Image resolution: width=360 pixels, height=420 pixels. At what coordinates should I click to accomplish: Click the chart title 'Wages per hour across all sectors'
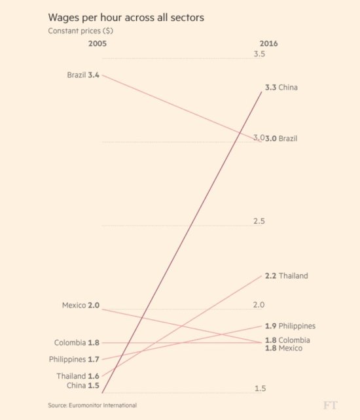126,17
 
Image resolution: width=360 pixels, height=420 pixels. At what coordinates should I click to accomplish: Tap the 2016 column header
268,44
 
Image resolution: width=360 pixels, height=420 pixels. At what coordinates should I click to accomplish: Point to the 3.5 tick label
259,54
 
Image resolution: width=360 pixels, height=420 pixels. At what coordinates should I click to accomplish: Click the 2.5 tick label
259,222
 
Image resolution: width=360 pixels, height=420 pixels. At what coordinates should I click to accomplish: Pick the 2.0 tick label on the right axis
259,305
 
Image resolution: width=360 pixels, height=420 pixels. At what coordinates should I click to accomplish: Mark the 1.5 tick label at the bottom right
260,389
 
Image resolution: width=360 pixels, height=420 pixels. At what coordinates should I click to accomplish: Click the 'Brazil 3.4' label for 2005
83,75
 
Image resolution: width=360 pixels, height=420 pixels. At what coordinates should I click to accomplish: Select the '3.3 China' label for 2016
281,87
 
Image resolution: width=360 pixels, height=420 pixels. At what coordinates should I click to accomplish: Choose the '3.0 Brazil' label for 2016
281,139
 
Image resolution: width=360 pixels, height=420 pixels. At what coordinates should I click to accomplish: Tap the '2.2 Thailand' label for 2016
286,276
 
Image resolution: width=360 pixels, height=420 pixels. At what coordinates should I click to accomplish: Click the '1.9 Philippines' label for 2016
290,326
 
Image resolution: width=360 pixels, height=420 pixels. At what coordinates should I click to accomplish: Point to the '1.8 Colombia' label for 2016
287,340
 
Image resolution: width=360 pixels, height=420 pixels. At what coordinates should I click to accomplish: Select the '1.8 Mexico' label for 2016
283,349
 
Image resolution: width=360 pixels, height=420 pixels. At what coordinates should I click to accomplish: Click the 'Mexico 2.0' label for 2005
81,306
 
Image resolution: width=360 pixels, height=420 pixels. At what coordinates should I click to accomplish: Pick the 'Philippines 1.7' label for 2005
74,359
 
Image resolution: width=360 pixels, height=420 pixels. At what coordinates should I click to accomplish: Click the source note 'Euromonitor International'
92,406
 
